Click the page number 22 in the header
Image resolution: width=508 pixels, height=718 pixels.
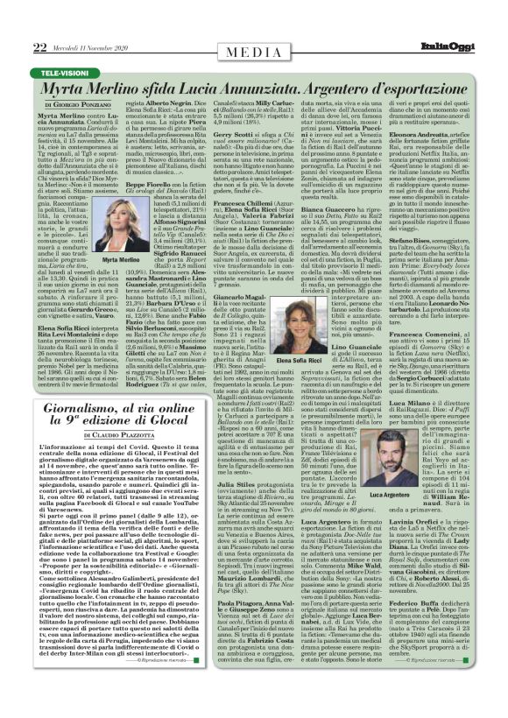[16, 23]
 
